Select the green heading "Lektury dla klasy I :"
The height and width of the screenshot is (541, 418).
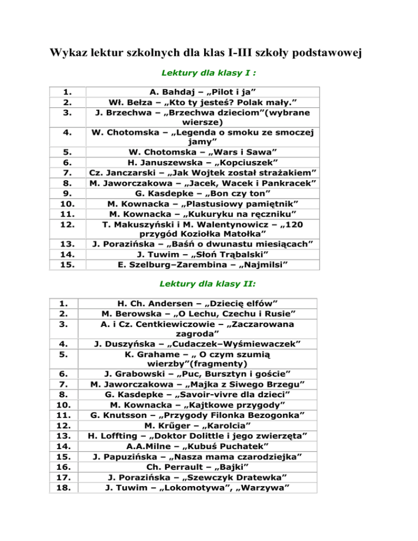(210, 72)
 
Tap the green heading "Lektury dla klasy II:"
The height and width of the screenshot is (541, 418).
(210, 284)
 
